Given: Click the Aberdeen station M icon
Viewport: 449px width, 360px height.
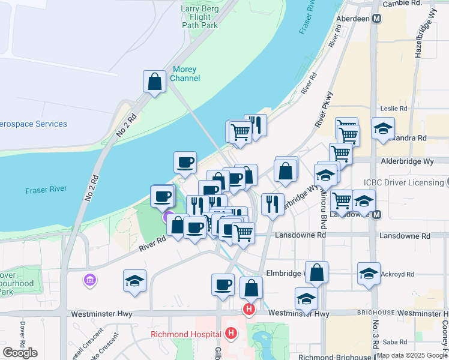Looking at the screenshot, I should tap(377, 19).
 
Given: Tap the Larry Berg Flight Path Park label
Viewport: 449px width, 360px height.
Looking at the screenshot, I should tap(199, 17).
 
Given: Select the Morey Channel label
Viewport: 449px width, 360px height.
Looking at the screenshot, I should tap(185, 74).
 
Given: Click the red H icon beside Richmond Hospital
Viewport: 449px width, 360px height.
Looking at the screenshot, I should tap(232, 333).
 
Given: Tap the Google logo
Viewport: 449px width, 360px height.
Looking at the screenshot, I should tap(20, 352).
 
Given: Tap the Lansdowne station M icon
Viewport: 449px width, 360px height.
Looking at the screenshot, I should tap(377, 214).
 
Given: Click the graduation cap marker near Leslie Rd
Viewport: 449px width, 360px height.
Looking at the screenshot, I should tap(383, 128).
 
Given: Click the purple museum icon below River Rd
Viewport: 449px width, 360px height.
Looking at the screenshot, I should tap(90, 280).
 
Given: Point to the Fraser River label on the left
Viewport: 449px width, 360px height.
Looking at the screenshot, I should tap(45, 191).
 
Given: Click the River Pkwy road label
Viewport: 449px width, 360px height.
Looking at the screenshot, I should tap(324, 109).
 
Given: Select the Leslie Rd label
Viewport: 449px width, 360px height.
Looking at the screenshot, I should tap(394, 109).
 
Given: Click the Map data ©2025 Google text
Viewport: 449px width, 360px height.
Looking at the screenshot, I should tap(412, 355).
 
